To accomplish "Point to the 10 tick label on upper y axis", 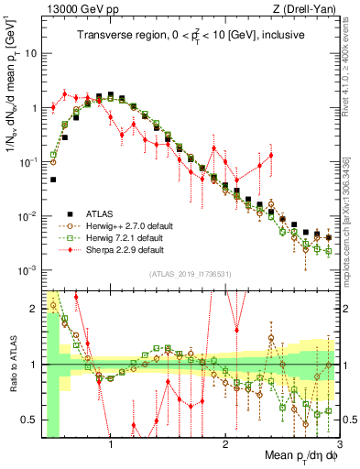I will pos(30,53).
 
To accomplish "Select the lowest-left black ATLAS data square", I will pos(54,180).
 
